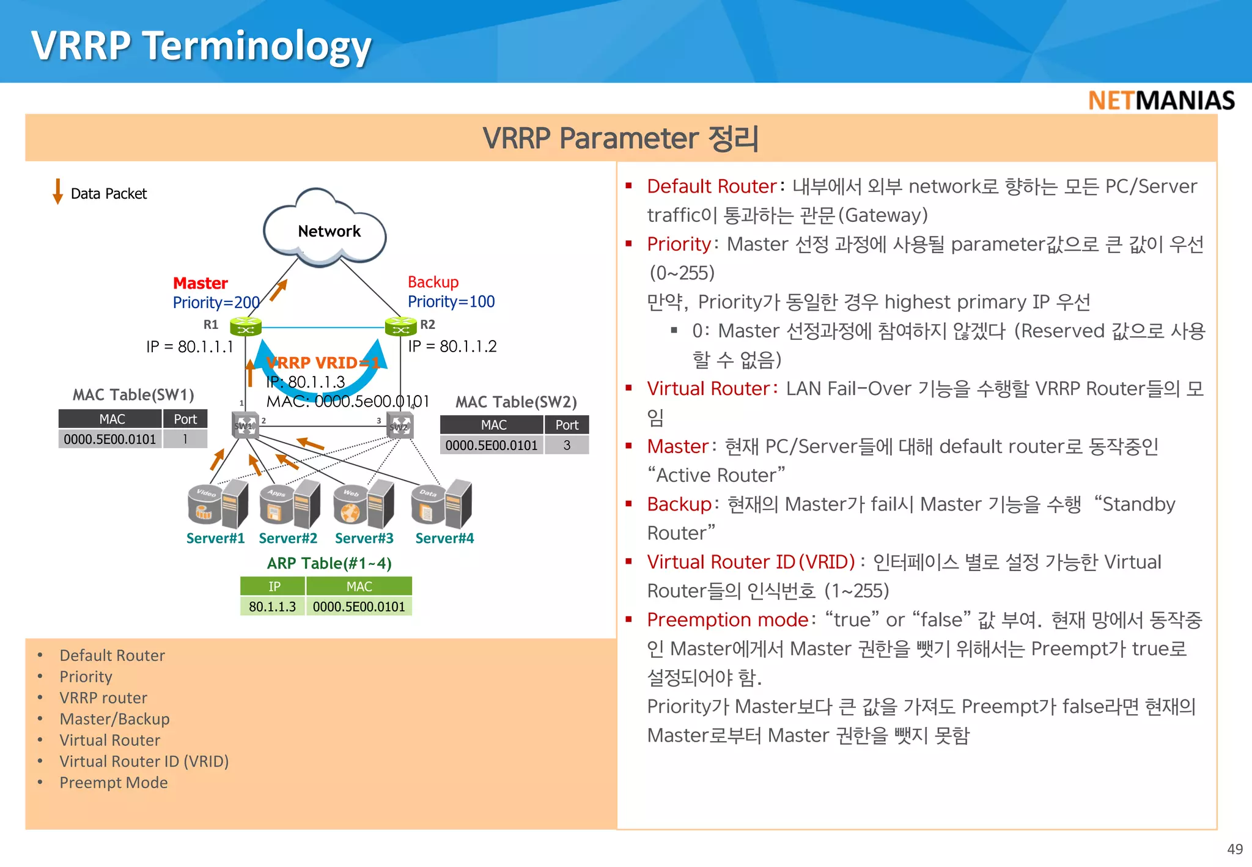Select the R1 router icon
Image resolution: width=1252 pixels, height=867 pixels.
tap(246, 327)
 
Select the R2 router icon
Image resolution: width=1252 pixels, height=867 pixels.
tap(400, 327)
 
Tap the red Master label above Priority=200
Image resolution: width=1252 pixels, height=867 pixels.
tap(200, 283)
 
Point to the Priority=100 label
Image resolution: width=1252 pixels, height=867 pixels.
tap(451, 301)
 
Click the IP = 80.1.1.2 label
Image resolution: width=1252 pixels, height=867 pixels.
tap(452, 346)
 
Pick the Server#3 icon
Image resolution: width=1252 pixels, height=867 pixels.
tap(363, 504)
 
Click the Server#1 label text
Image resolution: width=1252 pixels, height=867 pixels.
tap(215, 538)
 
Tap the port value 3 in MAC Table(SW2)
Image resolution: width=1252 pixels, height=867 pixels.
tap(567, 445)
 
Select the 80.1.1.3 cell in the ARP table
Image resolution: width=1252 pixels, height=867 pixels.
tap(272, 607)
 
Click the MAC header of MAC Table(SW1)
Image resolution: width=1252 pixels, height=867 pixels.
tap(111, 419)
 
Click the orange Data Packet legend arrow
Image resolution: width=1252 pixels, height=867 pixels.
tap(58, 191)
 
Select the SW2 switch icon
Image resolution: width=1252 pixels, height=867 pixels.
tap(400, 426)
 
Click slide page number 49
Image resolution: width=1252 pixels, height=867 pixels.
tap(1234, 849)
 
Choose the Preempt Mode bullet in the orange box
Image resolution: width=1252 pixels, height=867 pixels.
tap(113, 783)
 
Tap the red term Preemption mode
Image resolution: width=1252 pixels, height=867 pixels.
tap(727, 620)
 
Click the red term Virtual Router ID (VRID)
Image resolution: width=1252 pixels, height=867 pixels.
tap(751, 562)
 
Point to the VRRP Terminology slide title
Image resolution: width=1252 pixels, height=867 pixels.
tap(201, 46)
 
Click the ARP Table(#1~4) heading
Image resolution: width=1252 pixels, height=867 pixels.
tap(329, 563)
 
